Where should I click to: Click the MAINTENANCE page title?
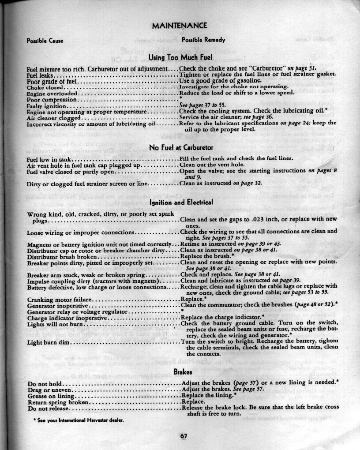pos(179,26)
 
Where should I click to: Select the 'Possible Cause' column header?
pos(45,41)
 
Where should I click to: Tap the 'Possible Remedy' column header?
pos(203,40)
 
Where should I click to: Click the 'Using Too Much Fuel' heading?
pos(180,57)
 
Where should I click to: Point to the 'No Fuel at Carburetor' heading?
pos(181,147)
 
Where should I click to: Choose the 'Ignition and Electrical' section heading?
pos(181,203)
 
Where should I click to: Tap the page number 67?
pos(184,436)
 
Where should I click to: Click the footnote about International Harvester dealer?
pos(78,420)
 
